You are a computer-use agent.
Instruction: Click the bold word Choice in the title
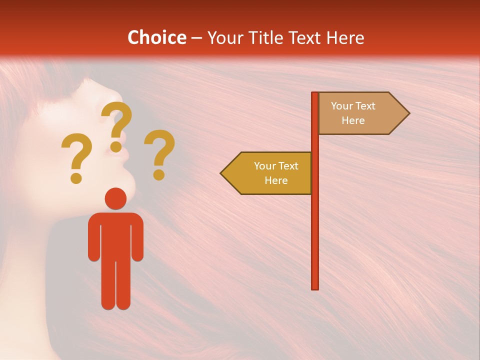click(156, 37)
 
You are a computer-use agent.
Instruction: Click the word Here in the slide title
click(345, 37)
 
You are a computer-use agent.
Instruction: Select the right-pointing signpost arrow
click(363, 113)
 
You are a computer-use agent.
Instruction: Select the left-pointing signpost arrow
click(267, 173)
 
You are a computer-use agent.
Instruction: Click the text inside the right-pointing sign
click(353, 113)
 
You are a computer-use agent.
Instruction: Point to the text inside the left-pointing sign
click(275, 173)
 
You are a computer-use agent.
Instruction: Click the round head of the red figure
click(116, 198)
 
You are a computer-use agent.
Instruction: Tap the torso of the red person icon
click(116, 235)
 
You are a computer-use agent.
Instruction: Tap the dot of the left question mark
click(76, 177)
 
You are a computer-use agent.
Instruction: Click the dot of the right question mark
click(158, 174)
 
